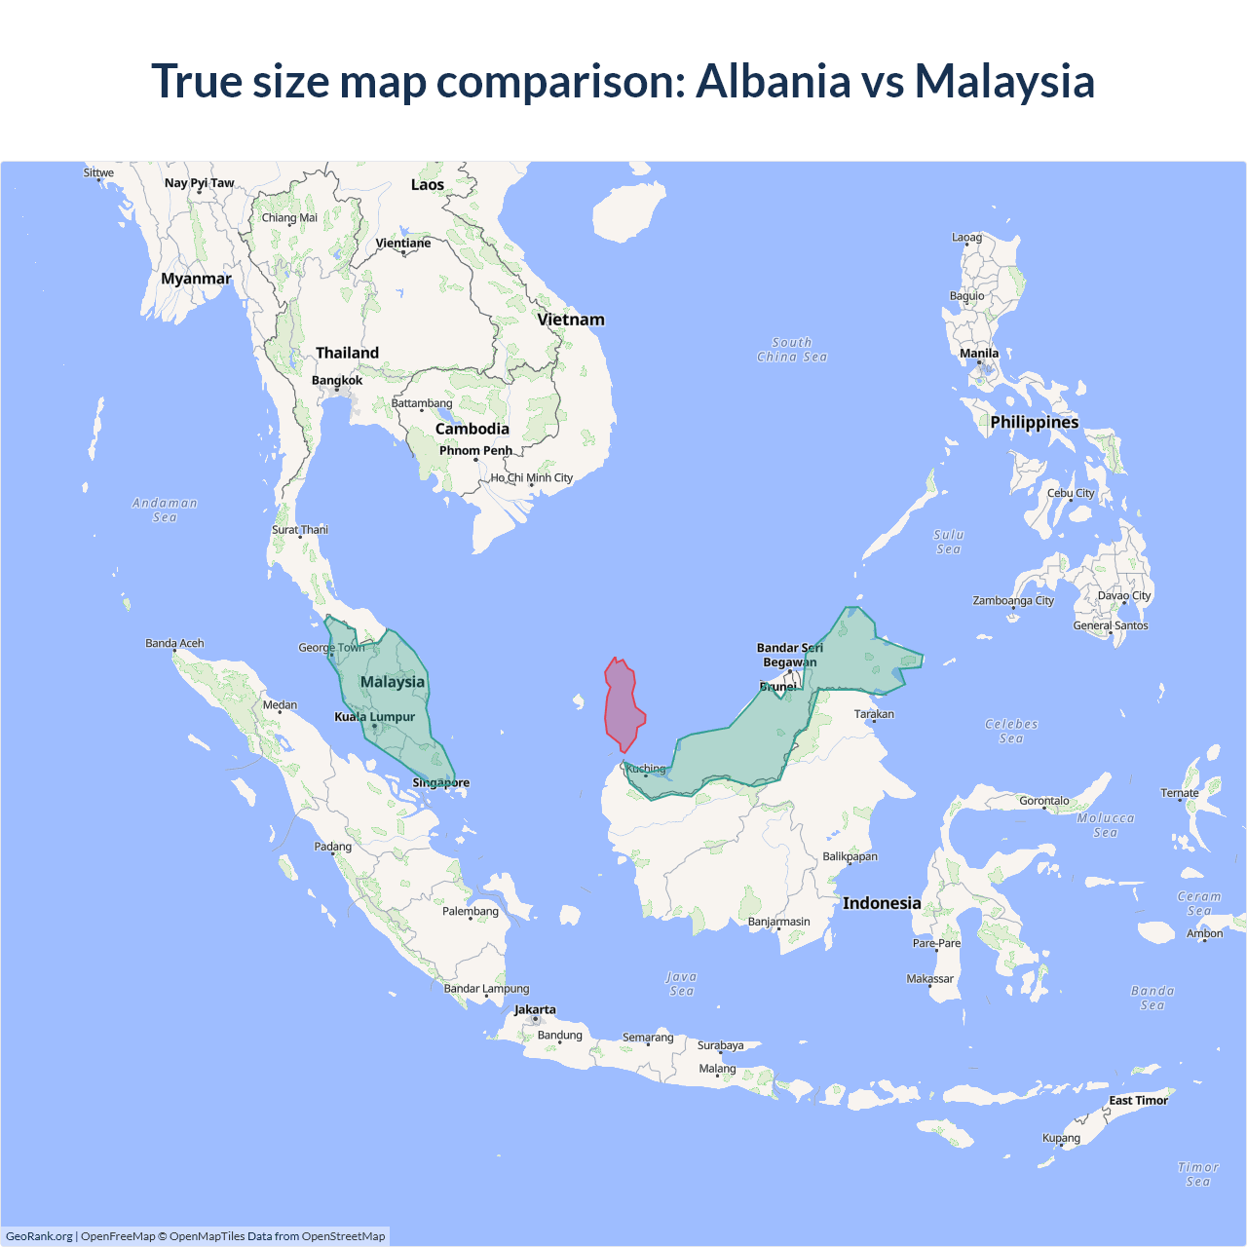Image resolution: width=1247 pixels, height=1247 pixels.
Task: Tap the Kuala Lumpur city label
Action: click(375, 717)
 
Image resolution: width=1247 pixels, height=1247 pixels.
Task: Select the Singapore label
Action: click(440, 782)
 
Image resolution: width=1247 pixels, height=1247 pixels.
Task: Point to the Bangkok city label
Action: click(337, 380)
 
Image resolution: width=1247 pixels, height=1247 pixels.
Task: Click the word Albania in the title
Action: click(773, 81)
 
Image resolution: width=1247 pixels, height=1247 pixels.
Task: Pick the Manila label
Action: click(979, 354)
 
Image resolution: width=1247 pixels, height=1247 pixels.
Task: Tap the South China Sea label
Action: click(792, 350)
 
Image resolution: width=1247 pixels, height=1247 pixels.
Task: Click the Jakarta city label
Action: click(535, 1009)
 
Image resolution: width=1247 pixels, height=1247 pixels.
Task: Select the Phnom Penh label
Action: click(475, 450)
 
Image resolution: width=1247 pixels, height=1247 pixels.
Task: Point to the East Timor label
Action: click(1138, 1100)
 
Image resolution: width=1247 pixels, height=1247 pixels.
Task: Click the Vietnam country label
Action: click(571, 320)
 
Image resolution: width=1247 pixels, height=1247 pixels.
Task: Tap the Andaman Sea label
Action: click(165, 510)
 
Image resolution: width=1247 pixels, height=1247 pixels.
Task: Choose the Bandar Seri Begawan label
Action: click(790, 655)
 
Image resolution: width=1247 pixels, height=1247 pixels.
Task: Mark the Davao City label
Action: click(1124, 595)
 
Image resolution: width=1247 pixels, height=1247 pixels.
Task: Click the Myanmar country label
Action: click(196, 279)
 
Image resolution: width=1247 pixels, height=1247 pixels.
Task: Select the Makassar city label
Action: click(930, 978)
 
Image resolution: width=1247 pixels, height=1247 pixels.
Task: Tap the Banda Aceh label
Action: click(174, 643)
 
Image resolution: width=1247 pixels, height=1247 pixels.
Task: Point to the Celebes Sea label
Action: click(1011, 731)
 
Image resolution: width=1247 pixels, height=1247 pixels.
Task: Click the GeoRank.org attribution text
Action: click(39, 1236)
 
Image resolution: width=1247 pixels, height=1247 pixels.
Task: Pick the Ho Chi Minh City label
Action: click(532, 477)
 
